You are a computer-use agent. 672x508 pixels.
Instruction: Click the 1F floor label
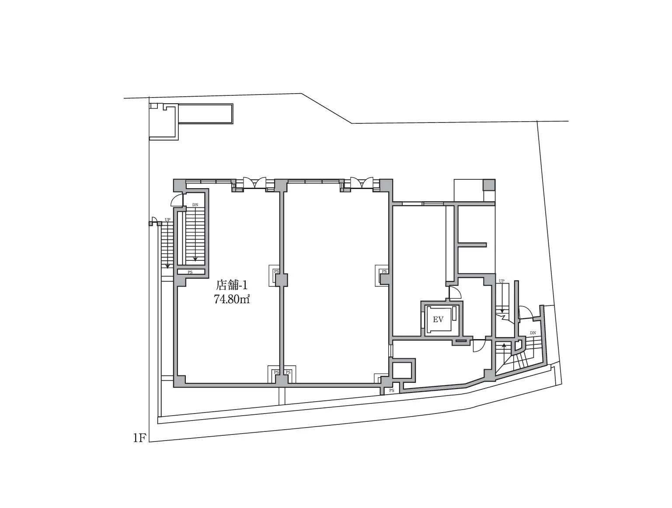coord(139,438)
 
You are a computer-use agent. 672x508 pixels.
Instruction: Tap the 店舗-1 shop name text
coord(231,285)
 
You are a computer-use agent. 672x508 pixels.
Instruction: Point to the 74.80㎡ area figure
coord(232,299)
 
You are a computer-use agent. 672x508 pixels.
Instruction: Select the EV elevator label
coord(438,319)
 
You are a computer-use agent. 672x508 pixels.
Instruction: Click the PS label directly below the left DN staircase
coord(190,272)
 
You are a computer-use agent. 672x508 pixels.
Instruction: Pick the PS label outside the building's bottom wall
coord(392,391)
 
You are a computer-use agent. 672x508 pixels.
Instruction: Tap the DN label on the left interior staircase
coord(195,205)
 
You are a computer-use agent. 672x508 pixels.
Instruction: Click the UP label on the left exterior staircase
coord(167,220)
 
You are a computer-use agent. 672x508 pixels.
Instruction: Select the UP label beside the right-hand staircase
coord(501,281)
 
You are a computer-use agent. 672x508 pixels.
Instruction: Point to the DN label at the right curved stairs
coord(533,333)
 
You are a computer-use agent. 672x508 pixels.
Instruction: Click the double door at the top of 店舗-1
coord(255,183)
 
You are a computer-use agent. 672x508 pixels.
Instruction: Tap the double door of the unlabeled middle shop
coord(362,183)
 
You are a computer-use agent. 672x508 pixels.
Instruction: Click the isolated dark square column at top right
coord(489,185)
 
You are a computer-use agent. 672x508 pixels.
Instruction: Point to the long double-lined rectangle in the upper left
coord(205,114)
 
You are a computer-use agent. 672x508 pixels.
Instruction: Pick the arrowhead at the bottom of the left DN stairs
coord(195,259)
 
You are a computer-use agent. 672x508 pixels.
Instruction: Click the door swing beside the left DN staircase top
coord(177,200)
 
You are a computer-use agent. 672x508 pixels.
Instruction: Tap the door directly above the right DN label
coord(526,312)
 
